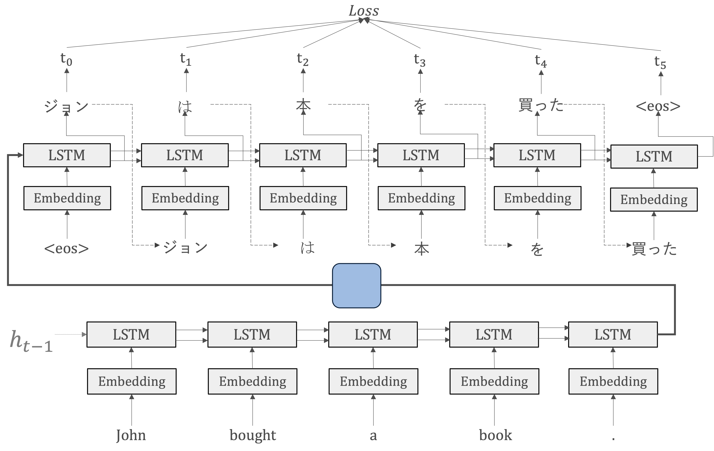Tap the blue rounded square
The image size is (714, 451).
pyautogui.click(x=356, y=286)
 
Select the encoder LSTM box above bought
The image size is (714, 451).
pyautogui.click(x=252, y=335)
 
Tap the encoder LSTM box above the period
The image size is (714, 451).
pyautogui.click(x=613, y=335)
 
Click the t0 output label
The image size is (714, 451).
pyautogui.click(x=66, y=59)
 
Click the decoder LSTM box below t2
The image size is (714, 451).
pyautogui.click(x=303, y=155)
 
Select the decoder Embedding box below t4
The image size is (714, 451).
pyautogui.click(x=538, y=198)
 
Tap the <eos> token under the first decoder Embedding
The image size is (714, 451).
pyautogui.click(x=66, y=249)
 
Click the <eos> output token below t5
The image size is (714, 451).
pyautogui.click(x=658, y=106)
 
